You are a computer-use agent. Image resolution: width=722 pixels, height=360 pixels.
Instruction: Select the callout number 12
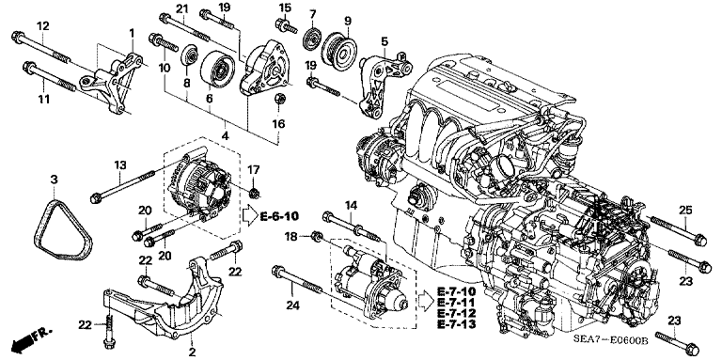43,26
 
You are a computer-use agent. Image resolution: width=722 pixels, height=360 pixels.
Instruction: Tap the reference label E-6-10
279,216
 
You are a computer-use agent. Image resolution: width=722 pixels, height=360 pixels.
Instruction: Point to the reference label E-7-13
457,324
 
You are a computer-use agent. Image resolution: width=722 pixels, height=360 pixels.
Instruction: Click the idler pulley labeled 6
217,68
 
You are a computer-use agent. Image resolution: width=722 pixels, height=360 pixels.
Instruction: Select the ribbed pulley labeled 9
339,52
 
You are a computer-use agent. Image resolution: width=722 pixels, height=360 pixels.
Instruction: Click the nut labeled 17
253,193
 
